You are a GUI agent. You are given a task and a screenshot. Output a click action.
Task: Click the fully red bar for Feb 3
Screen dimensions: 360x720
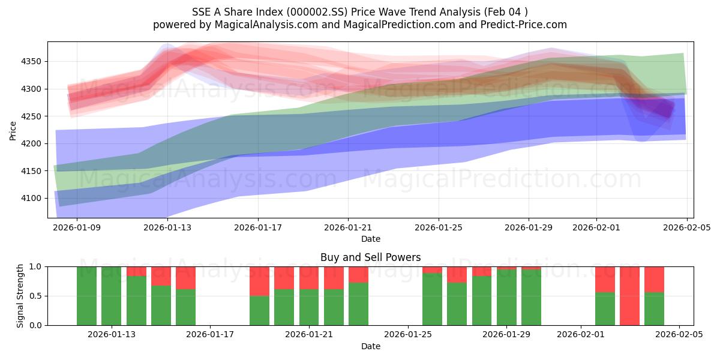click(x=629, y=296)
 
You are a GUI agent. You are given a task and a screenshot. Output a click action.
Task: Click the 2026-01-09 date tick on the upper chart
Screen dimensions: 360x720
click(x=77, y=227)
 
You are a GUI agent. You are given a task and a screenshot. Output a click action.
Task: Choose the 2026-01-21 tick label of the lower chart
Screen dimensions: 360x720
click(x=309, y=335)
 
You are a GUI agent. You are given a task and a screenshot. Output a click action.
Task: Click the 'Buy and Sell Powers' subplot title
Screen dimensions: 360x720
click(x=370, y=257)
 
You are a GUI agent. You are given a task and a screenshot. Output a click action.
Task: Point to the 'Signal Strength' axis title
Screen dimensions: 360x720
click(x=20, y=296)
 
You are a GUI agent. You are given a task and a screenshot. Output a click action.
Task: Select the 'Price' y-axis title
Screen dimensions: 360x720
click(x=13, y=130)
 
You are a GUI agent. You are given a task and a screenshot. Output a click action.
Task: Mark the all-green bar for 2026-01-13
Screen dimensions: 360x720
click(x=112, y=296)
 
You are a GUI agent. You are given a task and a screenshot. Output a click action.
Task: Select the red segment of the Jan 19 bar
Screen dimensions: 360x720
click(x=259, y=281)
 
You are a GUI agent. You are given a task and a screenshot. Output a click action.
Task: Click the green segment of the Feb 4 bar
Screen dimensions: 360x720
click(x=654, y=309)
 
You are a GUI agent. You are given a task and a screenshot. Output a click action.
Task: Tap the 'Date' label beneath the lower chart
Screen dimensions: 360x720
click(x=370, y=346)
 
